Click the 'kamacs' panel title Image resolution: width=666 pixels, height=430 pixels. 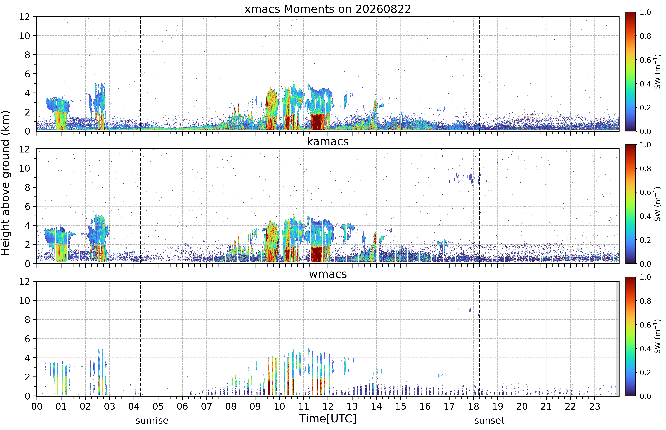click(x=328, y=142)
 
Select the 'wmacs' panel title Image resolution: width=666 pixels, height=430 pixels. click(x=328, y=274)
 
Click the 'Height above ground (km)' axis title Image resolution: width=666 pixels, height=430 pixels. click(x=6, y=183)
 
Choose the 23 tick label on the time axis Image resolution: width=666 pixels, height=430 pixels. click(x=595, y=406)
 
